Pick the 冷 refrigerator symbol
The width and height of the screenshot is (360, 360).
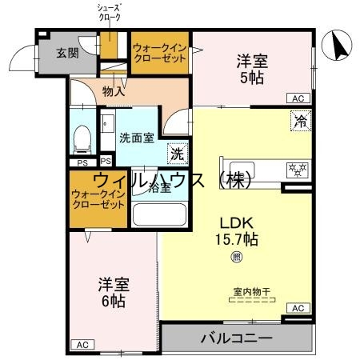point(298,122)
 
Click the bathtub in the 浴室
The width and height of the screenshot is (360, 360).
point(158,215)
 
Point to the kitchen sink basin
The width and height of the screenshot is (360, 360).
point(246,170)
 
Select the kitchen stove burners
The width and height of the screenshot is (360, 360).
point(295,170)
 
